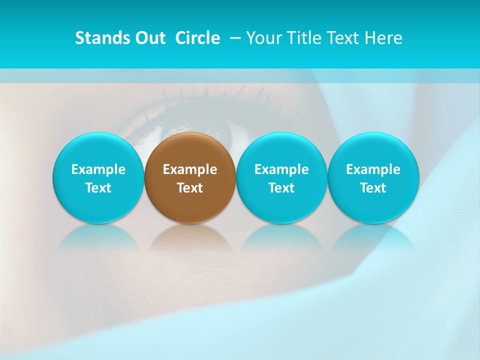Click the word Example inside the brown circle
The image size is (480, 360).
pyautogui.click(x=190, y=169)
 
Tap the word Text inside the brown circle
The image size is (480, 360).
pyautogui.click(x=190, y=188)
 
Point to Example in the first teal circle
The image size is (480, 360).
pyautogui.click(x=98, y=169)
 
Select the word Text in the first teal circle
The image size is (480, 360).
pyautogui.click(x=98, y=188)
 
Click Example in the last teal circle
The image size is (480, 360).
pyautogui.click(x=373, y=169)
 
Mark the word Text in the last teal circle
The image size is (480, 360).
pyautogui.click(x=373, y=188)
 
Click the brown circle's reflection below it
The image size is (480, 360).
pyautogui.click(x=190, y=237)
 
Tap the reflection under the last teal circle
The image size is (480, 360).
pyautogui.click(x=373, y=237)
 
